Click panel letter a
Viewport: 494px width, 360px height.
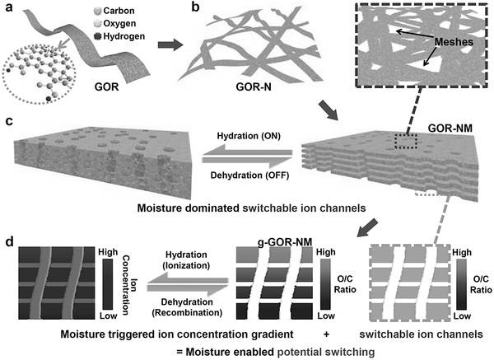pyautogui.click(x=12, y=8)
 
